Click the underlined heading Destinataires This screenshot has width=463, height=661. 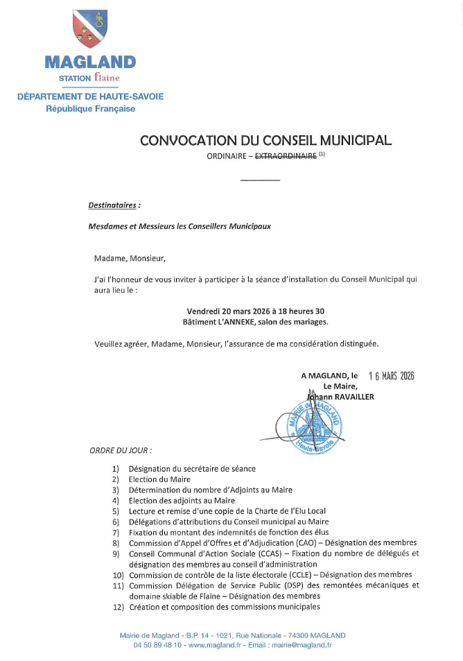pos(114,205)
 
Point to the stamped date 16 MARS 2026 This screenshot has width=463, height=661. pos(391,376)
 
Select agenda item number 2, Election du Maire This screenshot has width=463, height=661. pos(159,479)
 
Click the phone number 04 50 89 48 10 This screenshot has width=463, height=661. pos(157,645)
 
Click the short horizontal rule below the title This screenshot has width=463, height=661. pos(260,180)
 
